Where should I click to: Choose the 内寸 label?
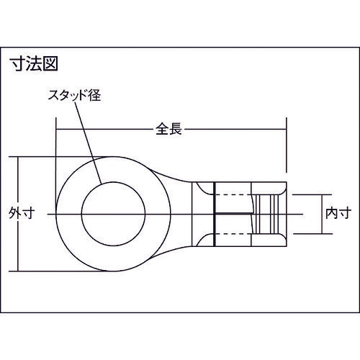tap(338, 214)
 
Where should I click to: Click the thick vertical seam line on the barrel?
tap(215, 214)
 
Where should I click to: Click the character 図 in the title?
tap(48, 63)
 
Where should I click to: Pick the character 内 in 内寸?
tap(331, 214)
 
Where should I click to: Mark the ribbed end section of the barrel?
tap(270, 214)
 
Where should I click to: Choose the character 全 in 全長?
tap(162, 130)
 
